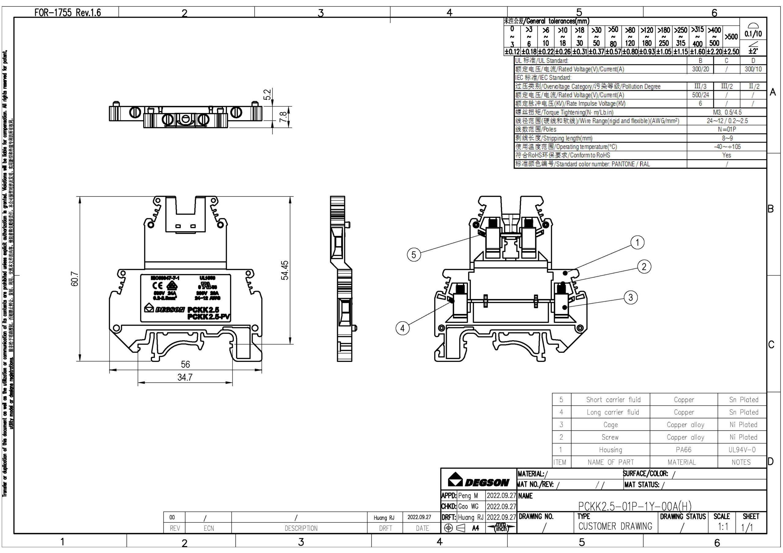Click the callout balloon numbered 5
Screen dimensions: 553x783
pyautogui.click(x=414, y=255)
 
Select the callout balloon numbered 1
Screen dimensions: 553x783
pyautogui.click(x=637, y=242)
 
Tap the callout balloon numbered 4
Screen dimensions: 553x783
pyautogui.click(x=403, y=328)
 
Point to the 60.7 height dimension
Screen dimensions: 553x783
pyautogui.click(x=75, y=279)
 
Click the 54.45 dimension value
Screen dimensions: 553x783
pyautogui.click(x=285, y=270)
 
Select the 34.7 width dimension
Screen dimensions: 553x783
pyautogui.click(x=185, y=378)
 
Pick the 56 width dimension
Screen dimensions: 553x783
pyautogui.click(x=185, y=364)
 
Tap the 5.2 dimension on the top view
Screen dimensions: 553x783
pyautogui.click(x=268, y=94)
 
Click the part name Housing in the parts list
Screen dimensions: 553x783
pyautogui.click(x=610, y=450)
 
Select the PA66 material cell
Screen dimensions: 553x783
pyautogui.click(x=683, y=450)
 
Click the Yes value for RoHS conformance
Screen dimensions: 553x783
pyautogui.click(x=726, y=155)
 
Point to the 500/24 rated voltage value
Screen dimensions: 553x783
pyautogui.click(x=700, y=95)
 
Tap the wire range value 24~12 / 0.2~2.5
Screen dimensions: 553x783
pyautogui.click(x=727, y=121)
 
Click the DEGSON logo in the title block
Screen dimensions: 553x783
pyautogui.click(x=478, y=480)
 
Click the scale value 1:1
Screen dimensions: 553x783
pyautogui.click(x=723, y=527)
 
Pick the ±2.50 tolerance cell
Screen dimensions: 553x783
pyautogui.click(x=731, y=51)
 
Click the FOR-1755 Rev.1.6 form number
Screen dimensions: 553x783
pyautogui.click(x=68, y=13)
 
